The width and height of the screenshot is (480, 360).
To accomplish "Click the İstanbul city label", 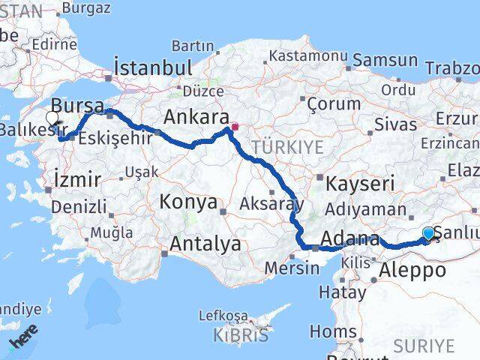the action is pos(153,68).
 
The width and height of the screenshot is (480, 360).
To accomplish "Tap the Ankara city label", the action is pos(196,117).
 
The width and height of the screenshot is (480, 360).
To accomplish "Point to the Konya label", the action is pos(188,202).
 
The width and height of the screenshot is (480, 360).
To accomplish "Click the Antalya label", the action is pos(205,244).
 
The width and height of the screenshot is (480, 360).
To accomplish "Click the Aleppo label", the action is pos(413,270).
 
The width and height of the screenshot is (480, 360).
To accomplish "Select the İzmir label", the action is pos(77,178).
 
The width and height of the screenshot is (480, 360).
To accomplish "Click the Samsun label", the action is pos(385,60).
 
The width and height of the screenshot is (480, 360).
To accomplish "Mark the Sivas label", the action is pos(394,124).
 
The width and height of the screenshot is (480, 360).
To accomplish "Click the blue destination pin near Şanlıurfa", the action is pos(428,234).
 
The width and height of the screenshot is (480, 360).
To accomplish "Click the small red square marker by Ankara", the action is pos(235,127).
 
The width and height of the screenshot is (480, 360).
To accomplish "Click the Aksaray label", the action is pos(271,203).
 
